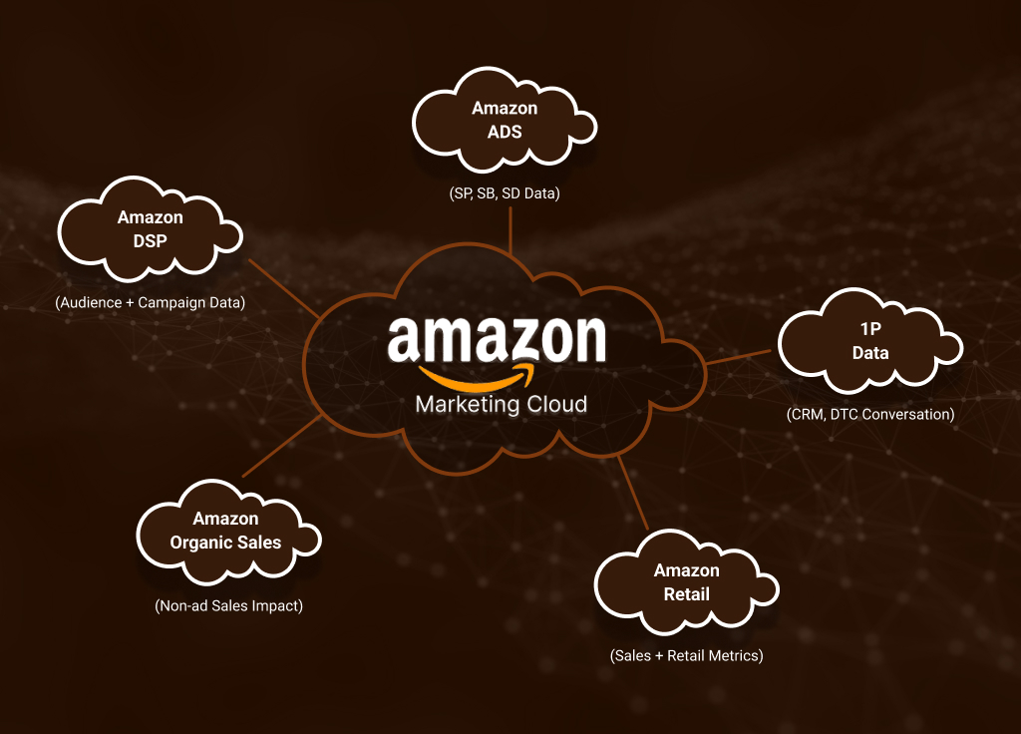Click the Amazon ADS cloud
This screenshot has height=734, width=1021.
click(x=504, y=120)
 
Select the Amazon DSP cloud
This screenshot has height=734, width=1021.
click(x=150, y=228)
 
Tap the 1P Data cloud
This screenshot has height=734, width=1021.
click(x=869, y=341)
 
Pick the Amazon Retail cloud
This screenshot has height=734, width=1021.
click(x=686, y=582)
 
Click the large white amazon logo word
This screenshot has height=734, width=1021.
click(x=497, y=339)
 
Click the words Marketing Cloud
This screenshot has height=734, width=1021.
click(x=502, y=405)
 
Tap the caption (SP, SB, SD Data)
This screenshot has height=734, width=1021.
click(x=505, y=193)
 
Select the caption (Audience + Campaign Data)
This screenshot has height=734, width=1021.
click(x=151, y=303)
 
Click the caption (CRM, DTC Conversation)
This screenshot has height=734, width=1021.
click(x=870, y=414)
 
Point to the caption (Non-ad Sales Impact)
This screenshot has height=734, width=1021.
click(x=228, y=606)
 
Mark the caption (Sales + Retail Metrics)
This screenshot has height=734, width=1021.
click(x=686, y=656)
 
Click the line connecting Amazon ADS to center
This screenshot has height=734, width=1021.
click(x=510, y=230)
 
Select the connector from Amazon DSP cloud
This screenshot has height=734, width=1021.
click(x=284, y=288)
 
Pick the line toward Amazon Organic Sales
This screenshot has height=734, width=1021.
click(x=281, y=446)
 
